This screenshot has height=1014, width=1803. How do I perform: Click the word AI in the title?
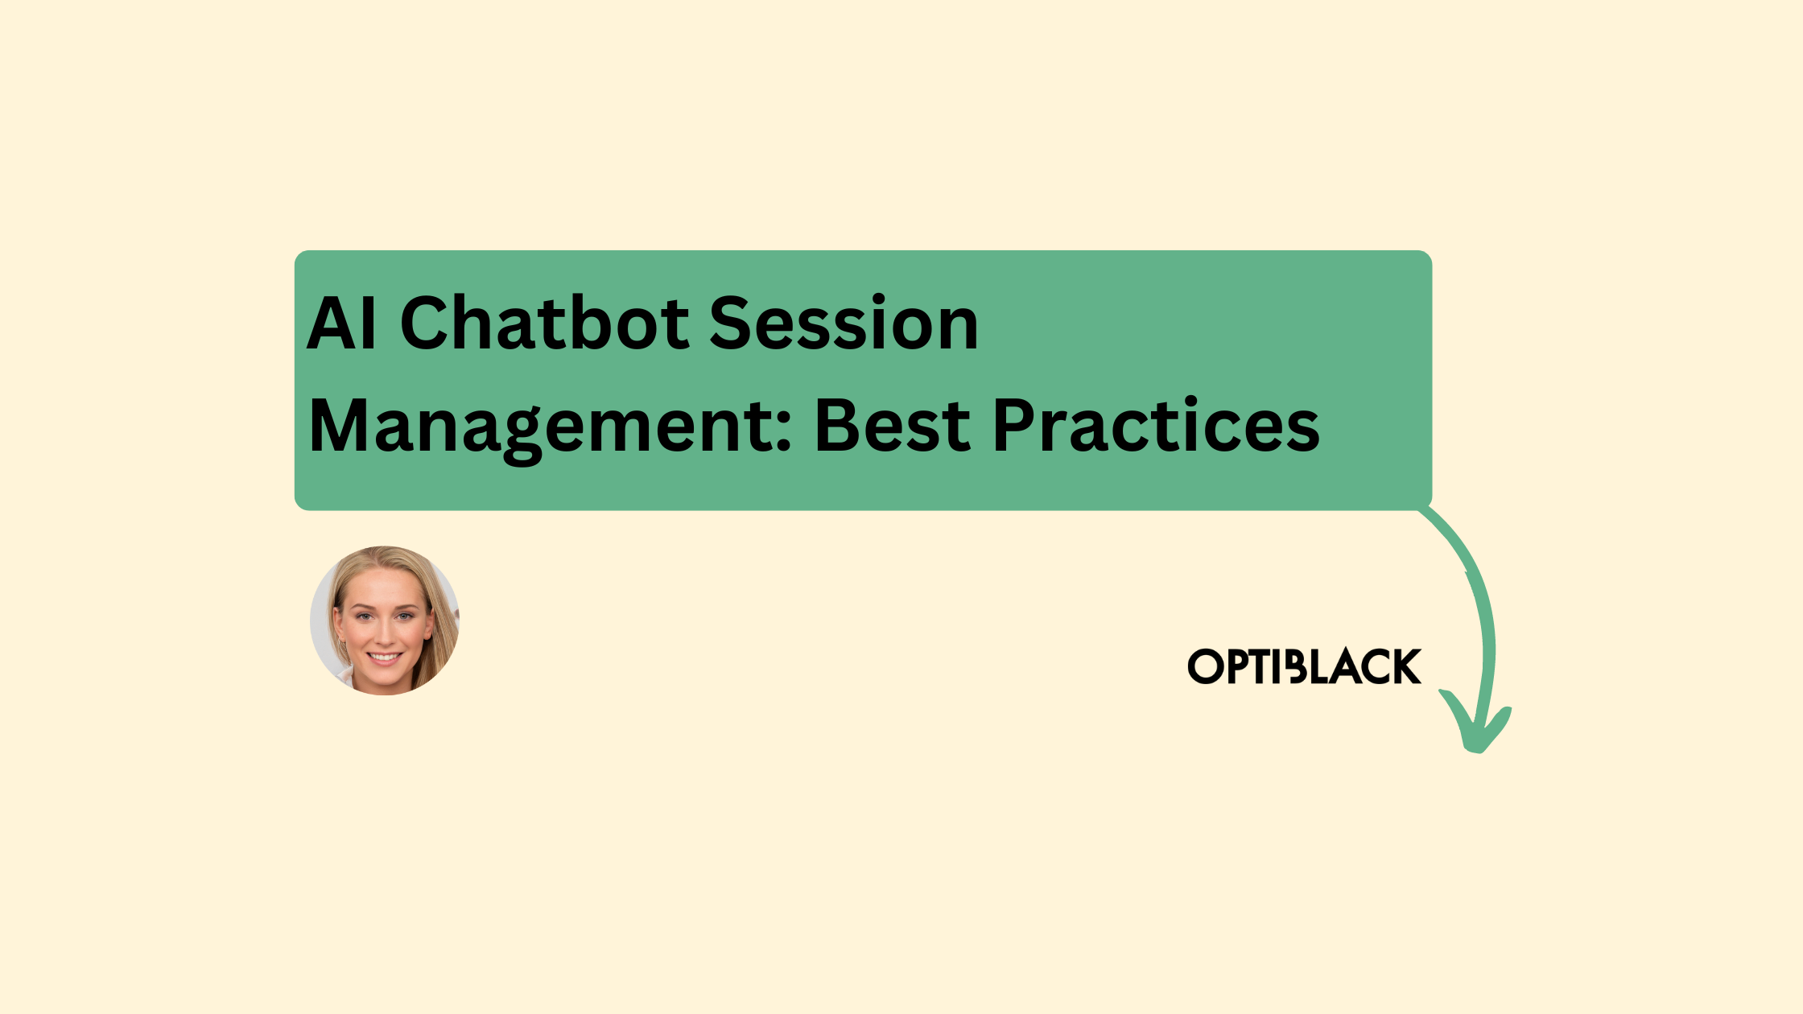tap(341, 324)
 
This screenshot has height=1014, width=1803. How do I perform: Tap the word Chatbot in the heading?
tap(544, 324)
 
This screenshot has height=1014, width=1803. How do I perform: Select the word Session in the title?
tap(843, 324)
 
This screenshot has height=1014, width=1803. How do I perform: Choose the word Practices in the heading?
tap(1156, 427)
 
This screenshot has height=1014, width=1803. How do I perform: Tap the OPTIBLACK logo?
tap(1304, 666)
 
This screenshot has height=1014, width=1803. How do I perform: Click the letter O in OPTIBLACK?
tap(1205, 667)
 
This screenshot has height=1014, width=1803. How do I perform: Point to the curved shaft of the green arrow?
tap(1481, 596)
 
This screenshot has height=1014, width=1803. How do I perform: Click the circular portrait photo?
tap(385, 620)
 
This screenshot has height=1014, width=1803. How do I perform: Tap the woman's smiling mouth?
tap(385, 658)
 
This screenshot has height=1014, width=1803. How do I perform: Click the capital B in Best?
tap(837, 427)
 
